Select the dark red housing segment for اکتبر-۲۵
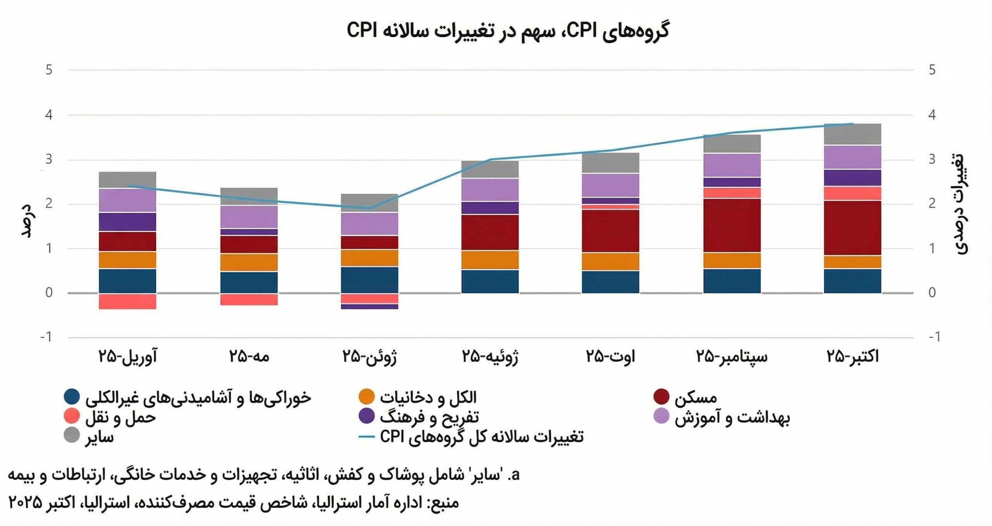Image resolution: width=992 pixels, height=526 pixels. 852,228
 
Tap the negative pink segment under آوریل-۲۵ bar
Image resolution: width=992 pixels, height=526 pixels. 127,301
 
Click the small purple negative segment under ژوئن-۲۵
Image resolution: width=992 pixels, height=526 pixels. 369,306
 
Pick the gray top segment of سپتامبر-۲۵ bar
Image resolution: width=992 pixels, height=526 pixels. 732,144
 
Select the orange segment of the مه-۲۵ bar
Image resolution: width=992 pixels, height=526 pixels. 249,263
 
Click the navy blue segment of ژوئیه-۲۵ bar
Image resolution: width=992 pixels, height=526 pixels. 490,281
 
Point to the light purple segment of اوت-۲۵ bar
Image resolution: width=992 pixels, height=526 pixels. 610,185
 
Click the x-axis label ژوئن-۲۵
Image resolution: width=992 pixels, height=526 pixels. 369,356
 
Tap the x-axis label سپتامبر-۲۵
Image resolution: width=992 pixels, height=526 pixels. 732,356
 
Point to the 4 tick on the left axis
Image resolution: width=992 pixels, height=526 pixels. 48,115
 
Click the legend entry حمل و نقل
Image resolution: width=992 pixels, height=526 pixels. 120,417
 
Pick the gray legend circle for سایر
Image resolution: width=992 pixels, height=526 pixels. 72,435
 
